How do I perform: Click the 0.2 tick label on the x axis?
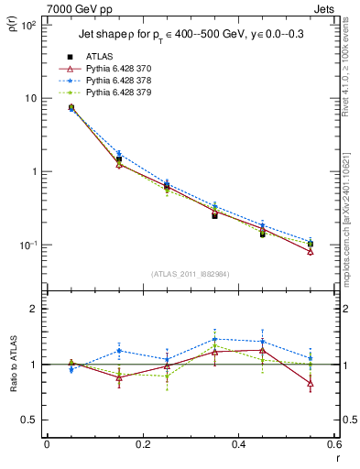pyautogui.click(x=142, y=446)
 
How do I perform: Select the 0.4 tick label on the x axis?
pyautogui.click(x=238, y=446)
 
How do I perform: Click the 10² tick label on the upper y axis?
pyautogui.click(x=29, y=25)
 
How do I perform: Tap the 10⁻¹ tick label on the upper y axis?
pyautogui.click(x=29, y=245)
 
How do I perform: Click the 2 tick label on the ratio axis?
pyautogui.click(x=34, y=309)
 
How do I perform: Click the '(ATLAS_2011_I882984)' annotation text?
pyautogui.click(x=190, y=274)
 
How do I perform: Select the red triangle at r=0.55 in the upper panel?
pyautogui.click(x=311, y=252)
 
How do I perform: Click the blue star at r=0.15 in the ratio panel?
pyautogui.click(x=119, y=351)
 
